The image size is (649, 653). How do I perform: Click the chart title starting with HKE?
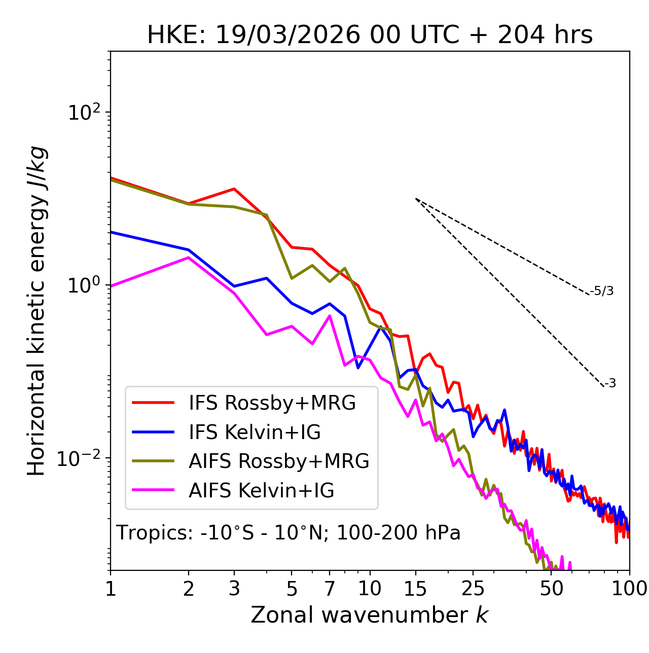point(370,35)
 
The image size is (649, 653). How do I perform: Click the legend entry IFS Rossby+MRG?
point(272,403)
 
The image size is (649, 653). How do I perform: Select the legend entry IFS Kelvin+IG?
point(255,432)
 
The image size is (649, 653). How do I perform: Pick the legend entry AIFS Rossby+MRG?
point(279,461)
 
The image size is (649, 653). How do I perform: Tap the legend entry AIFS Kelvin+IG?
point(261,491)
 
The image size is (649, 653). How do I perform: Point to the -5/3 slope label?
point(602,292)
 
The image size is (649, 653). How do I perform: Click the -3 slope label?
point(610,384)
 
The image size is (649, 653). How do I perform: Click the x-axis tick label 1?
point(111,589)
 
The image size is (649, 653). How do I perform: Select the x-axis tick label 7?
point(330,589)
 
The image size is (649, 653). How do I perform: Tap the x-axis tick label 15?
point(415,589)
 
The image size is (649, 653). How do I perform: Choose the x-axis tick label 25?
point(473,589)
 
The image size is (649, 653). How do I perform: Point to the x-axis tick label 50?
point(551,589)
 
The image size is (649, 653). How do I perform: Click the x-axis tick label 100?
point(629,589)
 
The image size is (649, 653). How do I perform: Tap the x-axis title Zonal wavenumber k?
point(369,615)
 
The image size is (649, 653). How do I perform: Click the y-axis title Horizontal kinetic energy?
point(37,310)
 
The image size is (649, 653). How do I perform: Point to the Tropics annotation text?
point(288,533)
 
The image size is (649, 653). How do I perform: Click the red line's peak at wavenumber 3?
point(234,189)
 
